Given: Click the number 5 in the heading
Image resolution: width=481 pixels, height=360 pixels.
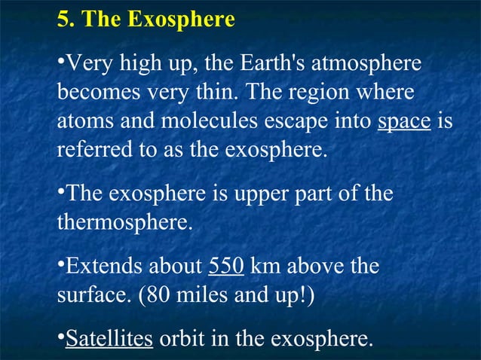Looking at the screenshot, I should click(x=63, y=19).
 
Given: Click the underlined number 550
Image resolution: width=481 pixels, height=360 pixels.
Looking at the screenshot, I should click(x=225, y=267).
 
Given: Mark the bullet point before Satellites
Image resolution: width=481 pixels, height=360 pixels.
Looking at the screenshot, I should click(x=60, y=337).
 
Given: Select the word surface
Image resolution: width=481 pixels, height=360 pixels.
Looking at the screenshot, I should click(x=84, y=294).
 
